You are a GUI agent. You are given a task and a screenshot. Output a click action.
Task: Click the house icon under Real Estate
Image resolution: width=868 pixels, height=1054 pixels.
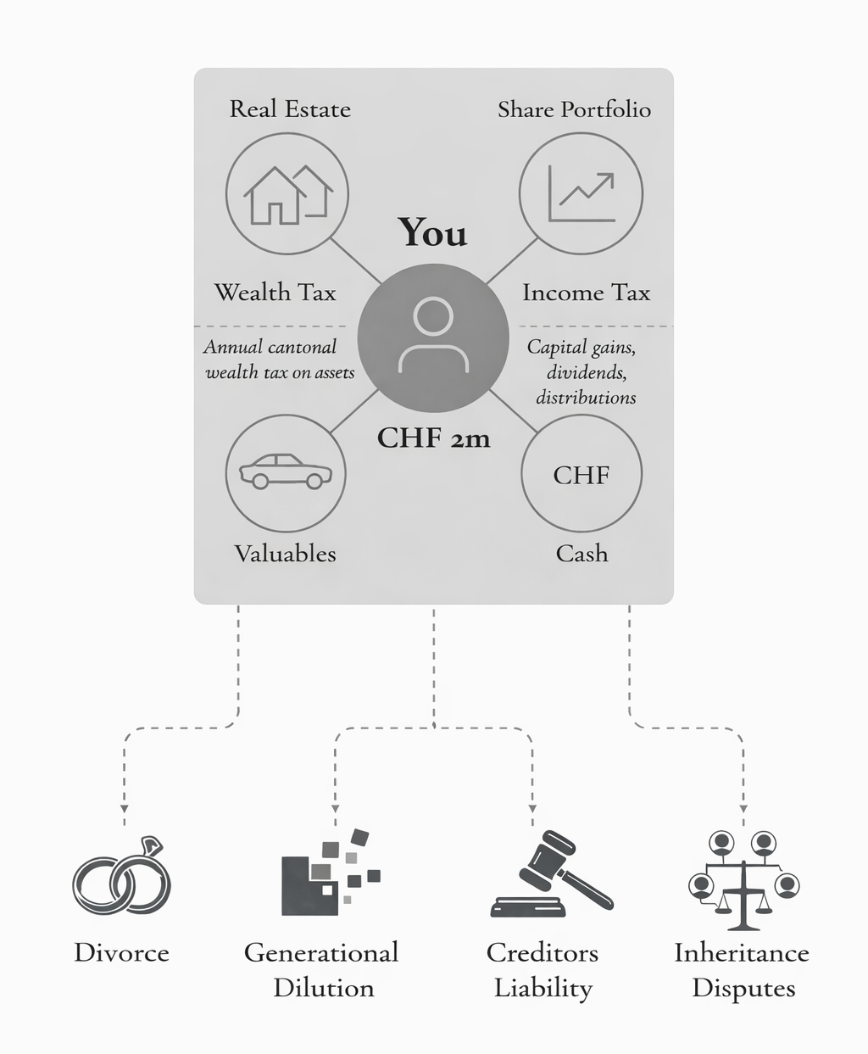[287, 194]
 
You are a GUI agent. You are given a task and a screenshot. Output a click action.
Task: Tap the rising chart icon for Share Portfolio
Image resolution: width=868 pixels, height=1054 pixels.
[581, 194]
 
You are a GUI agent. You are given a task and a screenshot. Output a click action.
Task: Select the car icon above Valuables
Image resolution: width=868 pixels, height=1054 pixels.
[286, 473]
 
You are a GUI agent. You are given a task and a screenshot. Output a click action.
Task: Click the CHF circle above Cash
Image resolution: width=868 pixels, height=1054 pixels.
[581, 474]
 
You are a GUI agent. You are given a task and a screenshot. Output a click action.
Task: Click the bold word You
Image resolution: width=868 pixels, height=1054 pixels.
[432, 233]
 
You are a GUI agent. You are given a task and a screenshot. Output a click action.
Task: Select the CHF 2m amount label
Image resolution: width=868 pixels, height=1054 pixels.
[433, 438]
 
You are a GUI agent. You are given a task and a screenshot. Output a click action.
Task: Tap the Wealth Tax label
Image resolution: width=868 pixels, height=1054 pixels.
[275, 293]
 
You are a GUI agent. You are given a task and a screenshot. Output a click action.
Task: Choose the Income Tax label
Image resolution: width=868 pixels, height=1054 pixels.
[586, 293]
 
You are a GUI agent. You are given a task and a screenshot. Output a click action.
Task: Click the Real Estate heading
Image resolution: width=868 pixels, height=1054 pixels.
[290, 109]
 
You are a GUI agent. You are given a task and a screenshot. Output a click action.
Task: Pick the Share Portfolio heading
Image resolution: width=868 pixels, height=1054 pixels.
[574, 109]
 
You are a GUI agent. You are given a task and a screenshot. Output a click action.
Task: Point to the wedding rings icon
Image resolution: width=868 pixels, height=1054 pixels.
[122, 878]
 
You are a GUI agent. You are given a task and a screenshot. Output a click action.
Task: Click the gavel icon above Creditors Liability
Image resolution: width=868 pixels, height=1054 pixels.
[551, 875]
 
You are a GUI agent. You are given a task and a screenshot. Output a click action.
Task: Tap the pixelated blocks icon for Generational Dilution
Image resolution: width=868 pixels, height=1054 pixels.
[329, 873]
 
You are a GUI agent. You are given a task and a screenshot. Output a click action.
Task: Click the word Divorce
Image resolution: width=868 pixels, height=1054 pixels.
[121, 952]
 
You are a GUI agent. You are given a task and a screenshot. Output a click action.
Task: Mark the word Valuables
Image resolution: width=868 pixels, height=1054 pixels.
[285, 554]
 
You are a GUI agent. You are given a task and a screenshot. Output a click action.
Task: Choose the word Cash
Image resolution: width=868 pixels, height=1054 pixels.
[581, 554]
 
